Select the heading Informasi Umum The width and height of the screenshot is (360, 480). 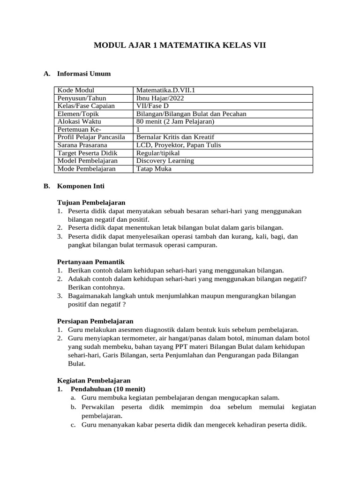click(84, 74)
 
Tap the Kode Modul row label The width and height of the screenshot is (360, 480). click(75, 90)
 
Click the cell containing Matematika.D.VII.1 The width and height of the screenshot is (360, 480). click(162, 90)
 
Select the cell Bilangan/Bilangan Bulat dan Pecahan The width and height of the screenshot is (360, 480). click(191, 114)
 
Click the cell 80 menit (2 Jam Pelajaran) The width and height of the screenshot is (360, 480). click(175, 121)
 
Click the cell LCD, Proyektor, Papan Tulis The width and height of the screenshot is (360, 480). click(178, 145)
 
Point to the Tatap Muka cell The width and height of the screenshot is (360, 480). click(154, 169)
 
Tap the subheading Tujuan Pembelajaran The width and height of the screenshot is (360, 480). click(91, 203)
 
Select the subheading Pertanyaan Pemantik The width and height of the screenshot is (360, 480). click(90, 262)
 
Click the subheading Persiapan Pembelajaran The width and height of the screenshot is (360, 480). click(95, 321)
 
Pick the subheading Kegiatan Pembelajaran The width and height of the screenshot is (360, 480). click(94, 381)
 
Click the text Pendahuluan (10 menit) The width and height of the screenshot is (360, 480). click(108, 389)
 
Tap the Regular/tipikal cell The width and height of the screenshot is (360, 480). click(158, 153)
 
